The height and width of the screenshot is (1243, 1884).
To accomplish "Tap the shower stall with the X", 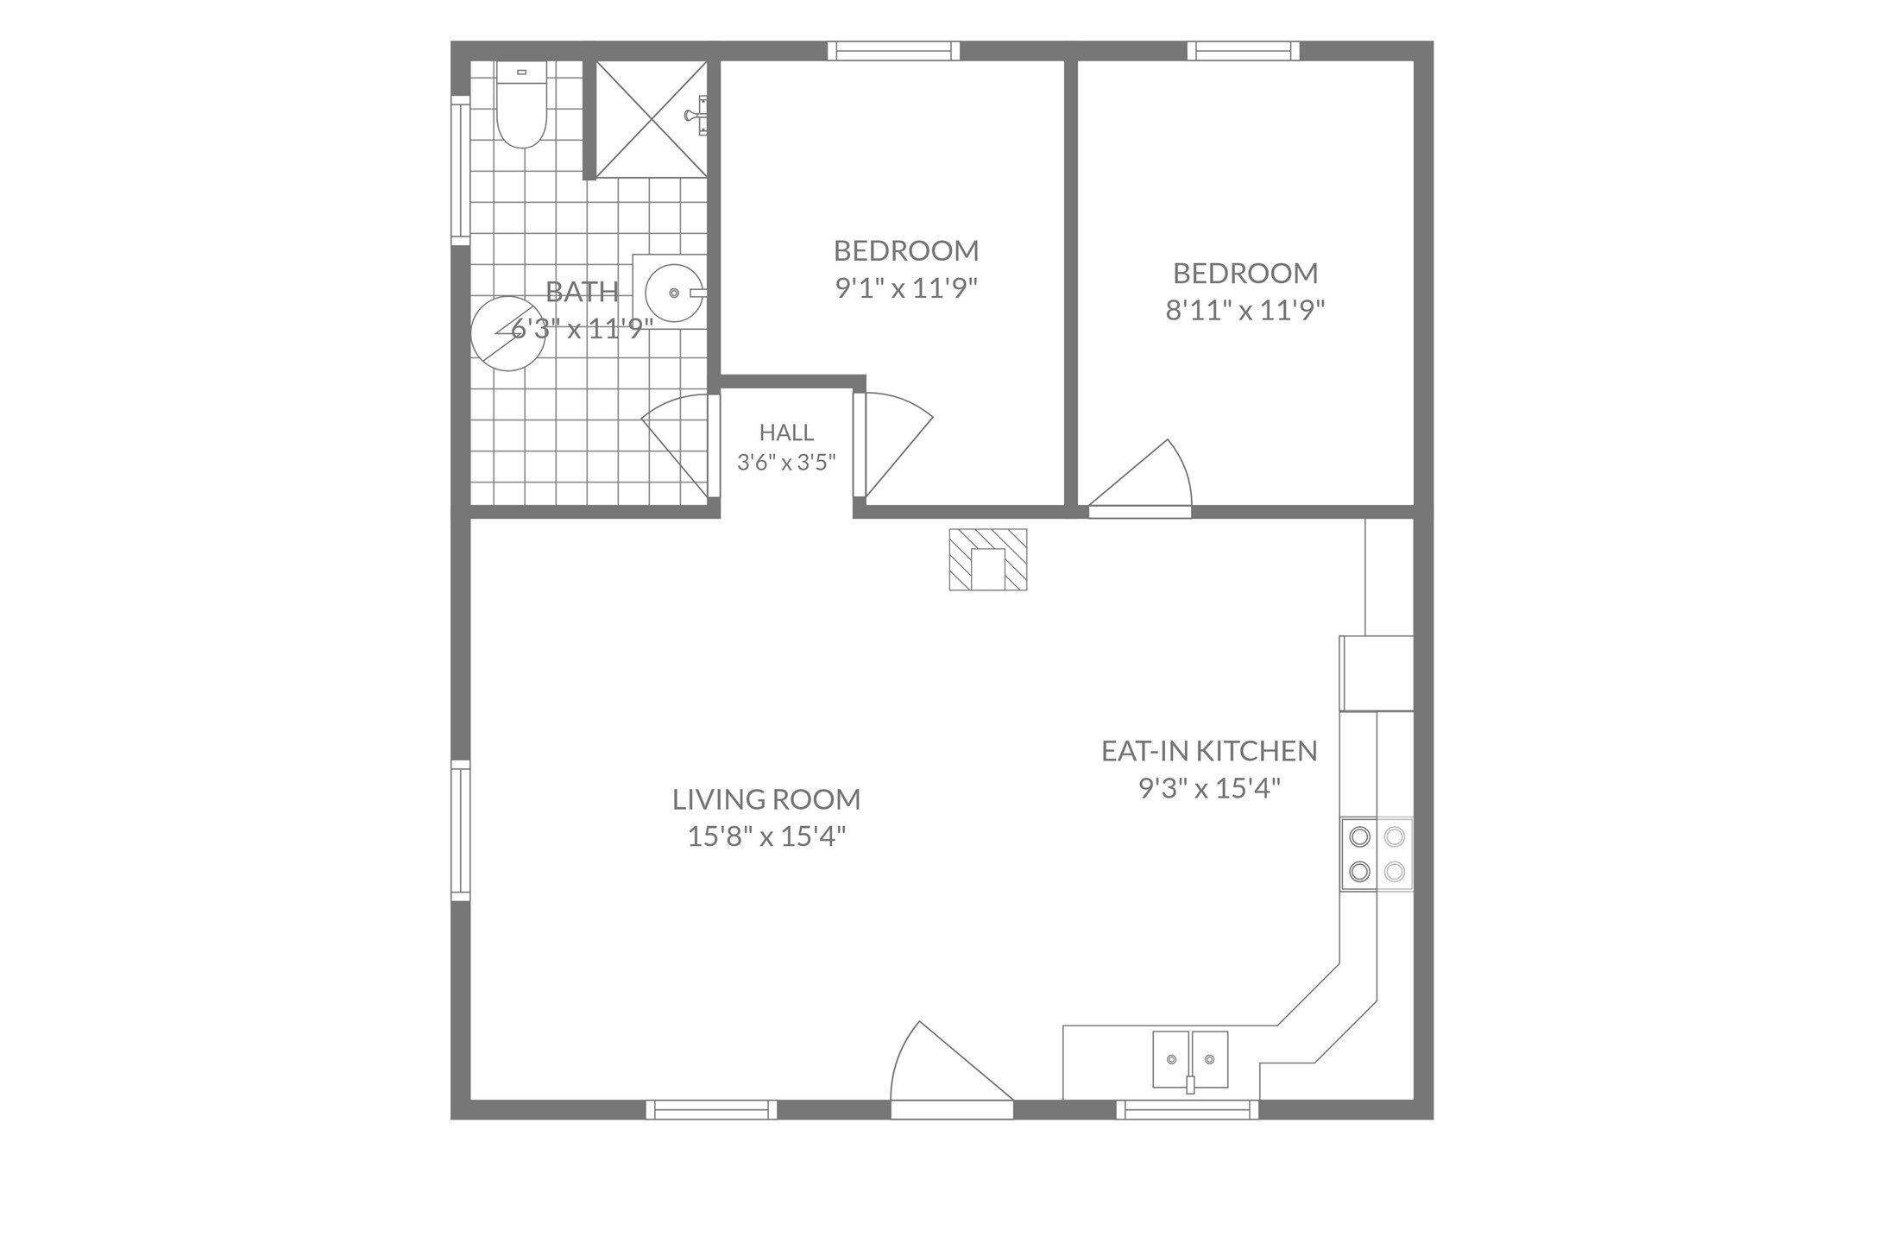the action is point(652,119).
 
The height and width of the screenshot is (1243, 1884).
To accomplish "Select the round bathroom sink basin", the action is point(674,293).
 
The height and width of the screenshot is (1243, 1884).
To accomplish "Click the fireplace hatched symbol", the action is point(988,559).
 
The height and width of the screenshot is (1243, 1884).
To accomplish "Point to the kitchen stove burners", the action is point(1377,854).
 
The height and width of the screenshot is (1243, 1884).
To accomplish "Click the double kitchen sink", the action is point(1190,1059).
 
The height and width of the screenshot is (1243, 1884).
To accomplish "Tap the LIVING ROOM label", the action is point(766,799).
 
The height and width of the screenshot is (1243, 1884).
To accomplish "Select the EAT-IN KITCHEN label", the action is point(1209,751).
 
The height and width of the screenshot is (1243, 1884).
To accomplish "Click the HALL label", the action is point(786,432).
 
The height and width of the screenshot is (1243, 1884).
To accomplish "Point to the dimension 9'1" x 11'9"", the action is point(906,287).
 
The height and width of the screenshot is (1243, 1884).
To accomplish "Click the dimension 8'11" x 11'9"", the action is point(1244,310).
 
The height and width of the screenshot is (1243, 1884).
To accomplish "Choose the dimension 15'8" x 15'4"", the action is point(766,836).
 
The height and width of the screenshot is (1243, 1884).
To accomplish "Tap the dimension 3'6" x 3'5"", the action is point(786,463).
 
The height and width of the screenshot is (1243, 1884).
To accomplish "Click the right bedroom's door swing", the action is point(1140,477).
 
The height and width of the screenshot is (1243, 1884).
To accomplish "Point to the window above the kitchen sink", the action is point(1188,1110).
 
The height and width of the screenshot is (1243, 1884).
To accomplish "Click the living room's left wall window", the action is point(461,830).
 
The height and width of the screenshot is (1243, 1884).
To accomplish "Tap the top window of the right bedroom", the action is point(1244,51).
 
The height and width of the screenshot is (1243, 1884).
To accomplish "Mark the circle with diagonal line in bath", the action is point(508,334).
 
